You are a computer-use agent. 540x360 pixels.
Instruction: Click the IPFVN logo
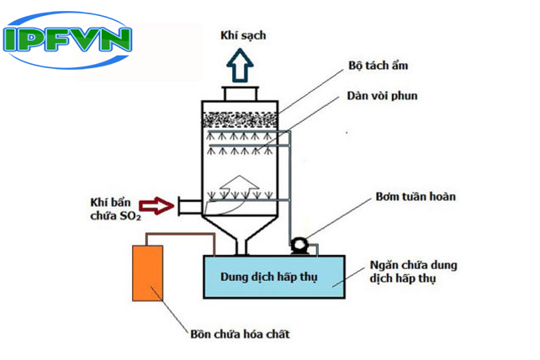point(68,39)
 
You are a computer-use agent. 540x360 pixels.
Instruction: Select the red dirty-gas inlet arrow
point(156,203)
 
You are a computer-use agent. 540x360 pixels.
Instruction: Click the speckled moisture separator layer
point(242,119)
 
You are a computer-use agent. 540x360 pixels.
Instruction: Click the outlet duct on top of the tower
point(242,93)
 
